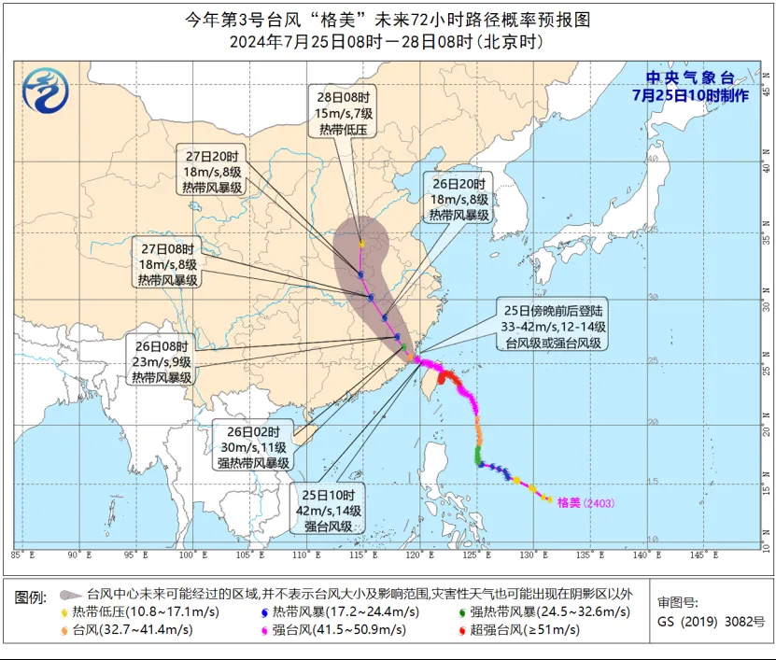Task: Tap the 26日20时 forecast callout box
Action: tap(458, 200)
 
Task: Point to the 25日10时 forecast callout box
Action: tap(328, 510)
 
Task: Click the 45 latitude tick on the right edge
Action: tap(766, 91)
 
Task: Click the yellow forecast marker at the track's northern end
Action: tap(361, 245)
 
